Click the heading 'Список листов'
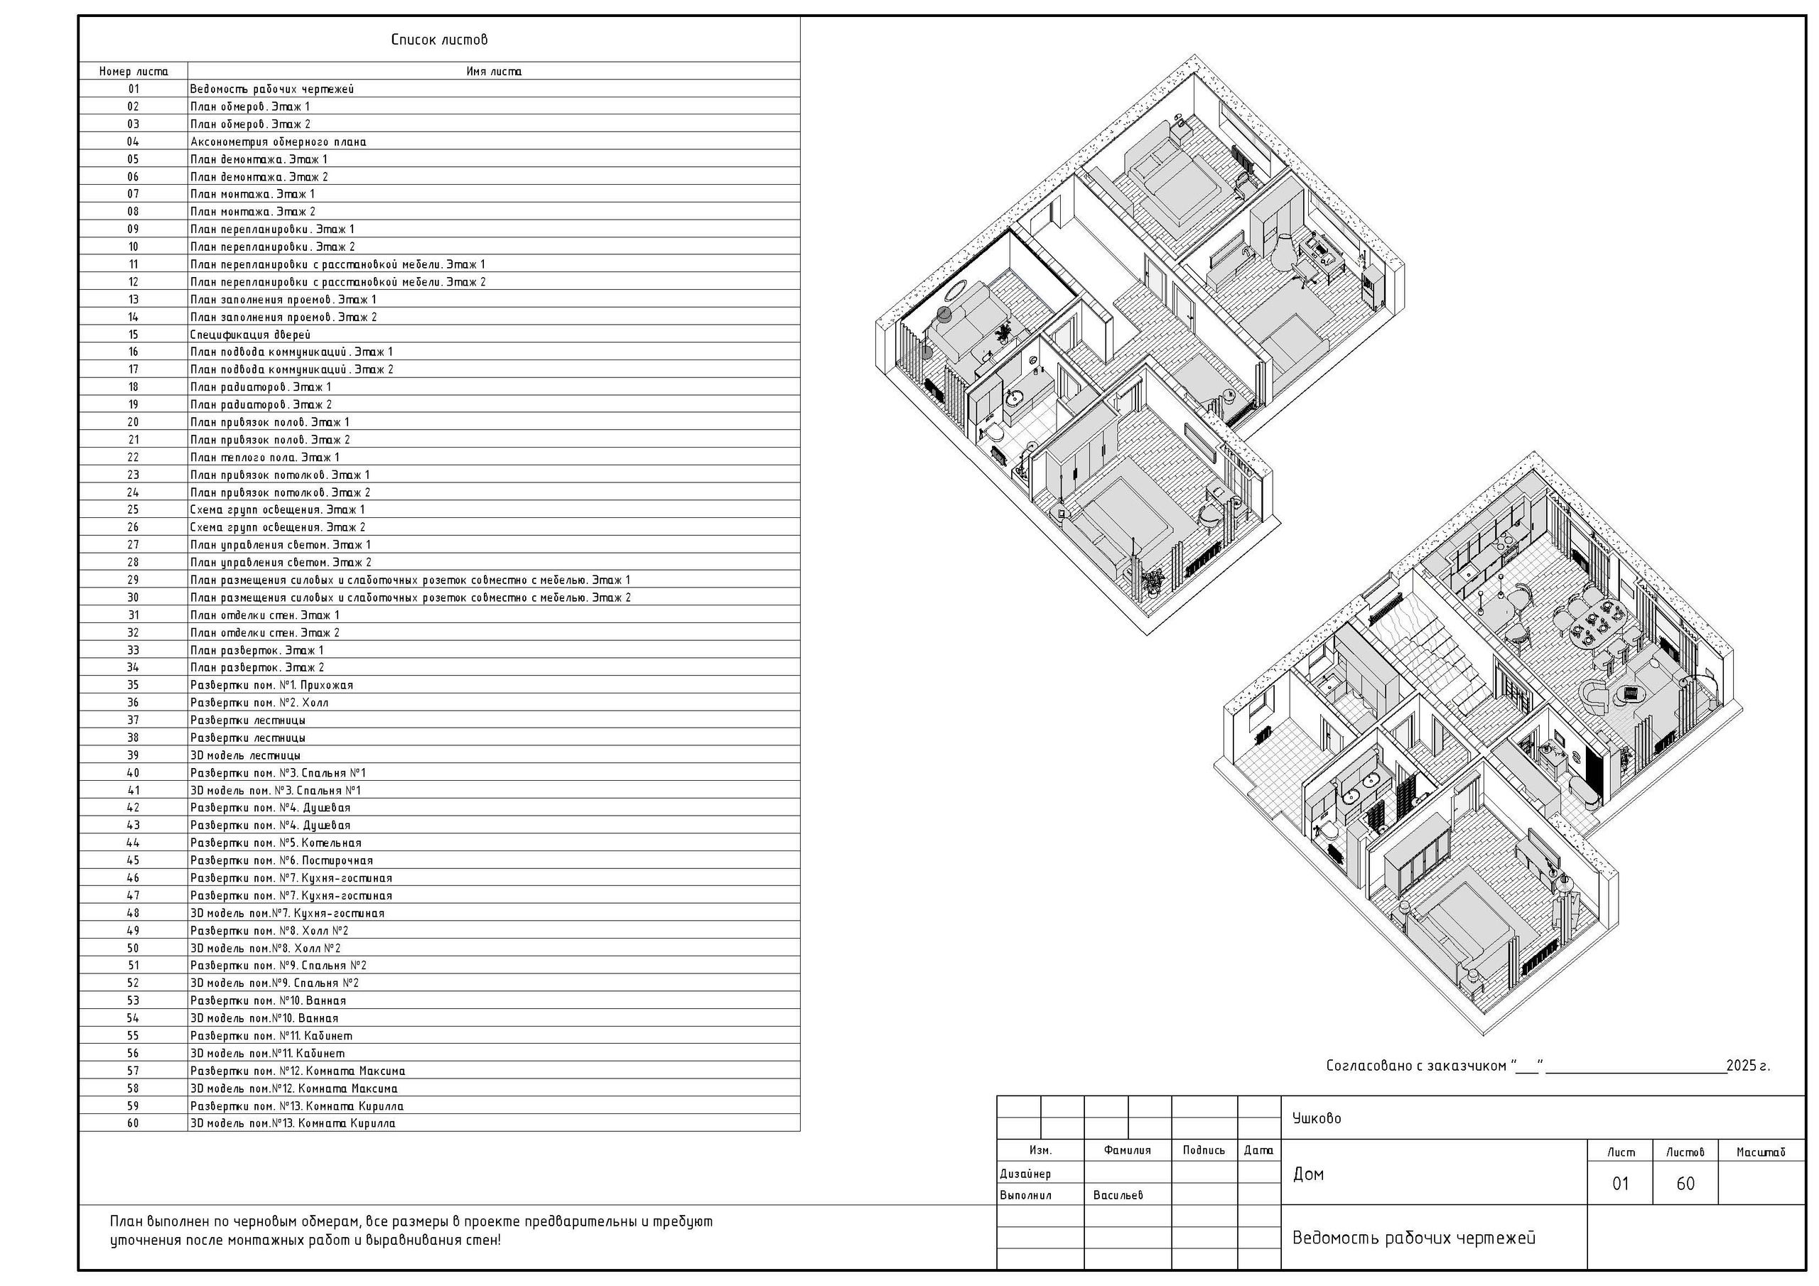point(439,40)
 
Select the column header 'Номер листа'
point(133,71)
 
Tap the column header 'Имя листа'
point(494,71)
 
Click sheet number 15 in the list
point(133,335)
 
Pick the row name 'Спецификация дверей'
point(250,335)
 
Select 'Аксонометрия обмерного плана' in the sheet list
point(278,142)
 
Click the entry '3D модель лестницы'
point(245,755)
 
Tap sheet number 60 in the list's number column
point(133,1123)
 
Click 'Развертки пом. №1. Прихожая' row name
point(271,686)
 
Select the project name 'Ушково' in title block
point(1317,1118)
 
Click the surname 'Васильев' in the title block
point(1118,1195)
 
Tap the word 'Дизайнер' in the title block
point(1025,1174)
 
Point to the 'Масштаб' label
point(1760,1152)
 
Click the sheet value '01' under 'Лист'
point(1620,1184)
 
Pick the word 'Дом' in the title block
point(1308,1174)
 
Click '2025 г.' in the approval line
point(1748,1066)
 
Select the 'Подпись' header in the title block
point(1204,1150)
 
